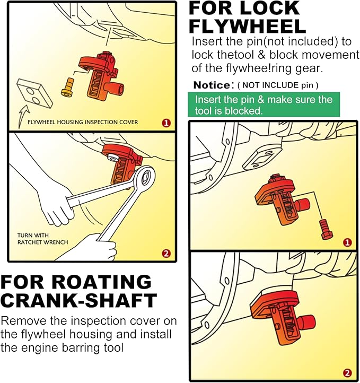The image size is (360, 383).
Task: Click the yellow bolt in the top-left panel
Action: [67, 87]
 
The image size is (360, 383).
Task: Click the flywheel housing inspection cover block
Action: [34, 93]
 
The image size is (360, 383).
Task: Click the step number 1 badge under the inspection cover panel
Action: [166, 123]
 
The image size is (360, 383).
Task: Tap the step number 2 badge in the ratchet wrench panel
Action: [166, 254]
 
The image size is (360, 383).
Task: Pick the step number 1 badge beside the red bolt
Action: [347, 242]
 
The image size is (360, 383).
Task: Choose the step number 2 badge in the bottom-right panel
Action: [347, 373]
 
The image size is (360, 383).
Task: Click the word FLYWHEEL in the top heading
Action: [247, 27]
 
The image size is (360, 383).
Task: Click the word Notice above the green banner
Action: [212, 85]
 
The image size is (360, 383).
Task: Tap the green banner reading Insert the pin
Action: [264, 105]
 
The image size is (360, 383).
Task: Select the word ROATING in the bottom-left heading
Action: [102, 282]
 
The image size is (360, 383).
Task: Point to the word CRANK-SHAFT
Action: [78, 300]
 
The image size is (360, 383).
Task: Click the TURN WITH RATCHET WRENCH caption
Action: [42, 239]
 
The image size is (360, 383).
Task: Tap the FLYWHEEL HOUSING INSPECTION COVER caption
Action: [83, 122]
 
